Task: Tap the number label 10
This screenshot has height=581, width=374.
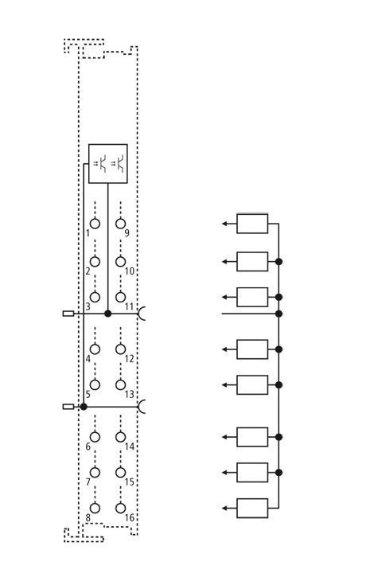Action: (129, 271)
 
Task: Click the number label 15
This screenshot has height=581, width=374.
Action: (129, 482)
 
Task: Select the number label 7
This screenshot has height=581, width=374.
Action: (88, 482)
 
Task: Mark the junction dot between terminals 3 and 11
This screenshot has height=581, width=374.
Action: (107, 314)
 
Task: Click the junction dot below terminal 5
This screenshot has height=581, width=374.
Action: (84, 407)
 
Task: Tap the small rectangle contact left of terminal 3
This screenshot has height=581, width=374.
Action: (68, 314)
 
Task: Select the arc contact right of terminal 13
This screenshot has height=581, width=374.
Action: (139, 407)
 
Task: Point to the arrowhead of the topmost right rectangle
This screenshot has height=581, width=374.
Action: (224, 224)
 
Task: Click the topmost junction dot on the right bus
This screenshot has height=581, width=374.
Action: (279, 262)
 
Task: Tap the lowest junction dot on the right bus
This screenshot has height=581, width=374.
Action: (279, 473)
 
